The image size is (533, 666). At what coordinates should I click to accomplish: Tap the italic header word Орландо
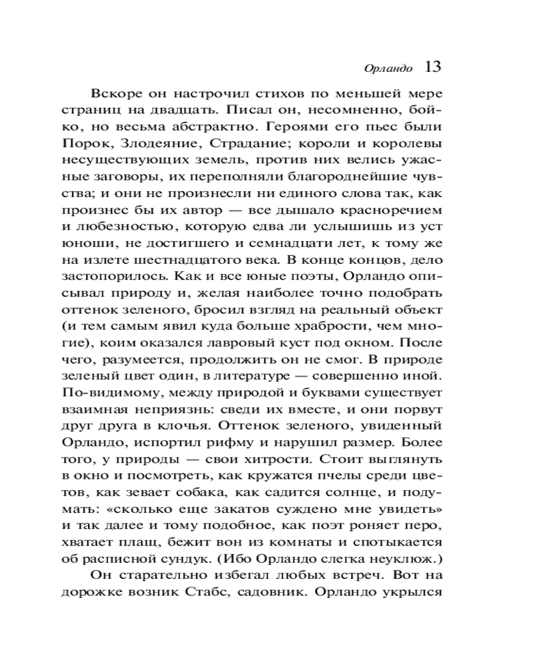(389, 69)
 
